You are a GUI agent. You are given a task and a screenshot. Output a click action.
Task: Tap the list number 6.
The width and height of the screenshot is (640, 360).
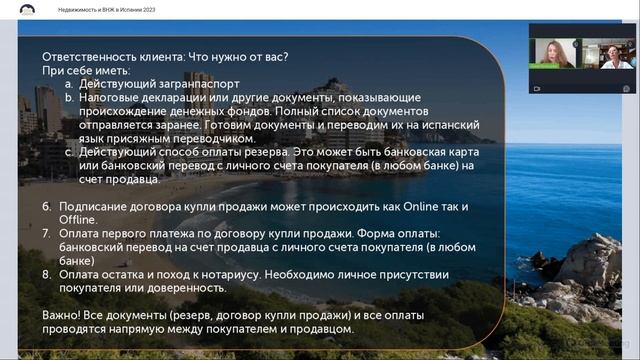[46, 207]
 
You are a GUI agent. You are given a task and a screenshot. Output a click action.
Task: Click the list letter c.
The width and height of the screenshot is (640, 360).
[68, 153]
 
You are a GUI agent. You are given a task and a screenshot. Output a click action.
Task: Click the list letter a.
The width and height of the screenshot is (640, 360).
[68, 85]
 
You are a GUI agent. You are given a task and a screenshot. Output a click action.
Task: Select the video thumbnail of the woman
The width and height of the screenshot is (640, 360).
[556, 53]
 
